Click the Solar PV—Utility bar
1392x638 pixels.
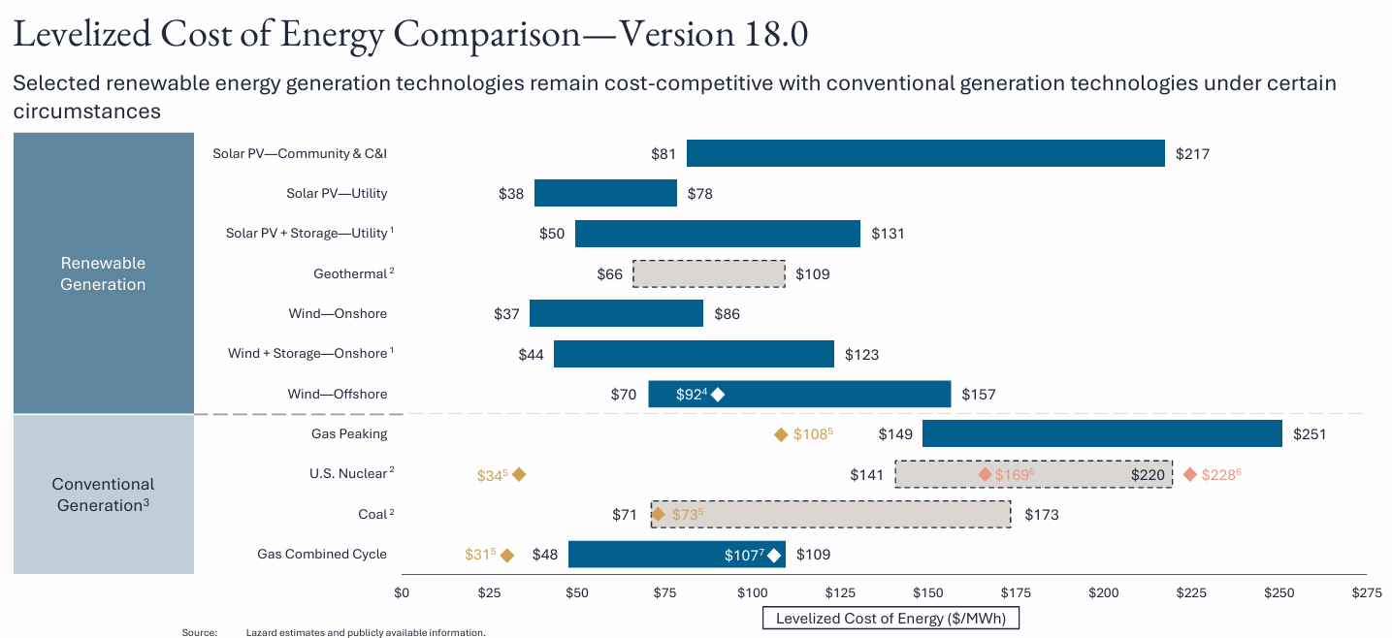click(605, 193)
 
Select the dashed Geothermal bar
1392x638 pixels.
click(709, 273)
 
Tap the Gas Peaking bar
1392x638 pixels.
click(1102, 433)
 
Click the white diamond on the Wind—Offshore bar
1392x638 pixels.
click(718, 394)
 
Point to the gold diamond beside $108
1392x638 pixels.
click(781, 434)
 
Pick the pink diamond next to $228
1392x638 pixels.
click(1190, 474)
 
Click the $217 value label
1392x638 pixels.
click(1192, 153)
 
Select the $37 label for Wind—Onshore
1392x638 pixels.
click(506, 314)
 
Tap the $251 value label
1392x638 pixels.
click(1309, 434)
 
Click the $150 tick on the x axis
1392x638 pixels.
click(927, 592)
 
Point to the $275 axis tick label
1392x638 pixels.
click(1366, 592)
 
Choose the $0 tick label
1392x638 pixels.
click(402, 592)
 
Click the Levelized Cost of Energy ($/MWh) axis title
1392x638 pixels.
click(890, 618)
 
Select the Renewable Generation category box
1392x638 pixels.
click(103, 273)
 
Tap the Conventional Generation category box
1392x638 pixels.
click(103, 494)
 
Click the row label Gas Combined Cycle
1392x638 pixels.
click(322, 554)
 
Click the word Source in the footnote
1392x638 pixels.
click(199, 632)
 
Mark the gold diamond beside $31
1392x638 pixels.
click(507, 555)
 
